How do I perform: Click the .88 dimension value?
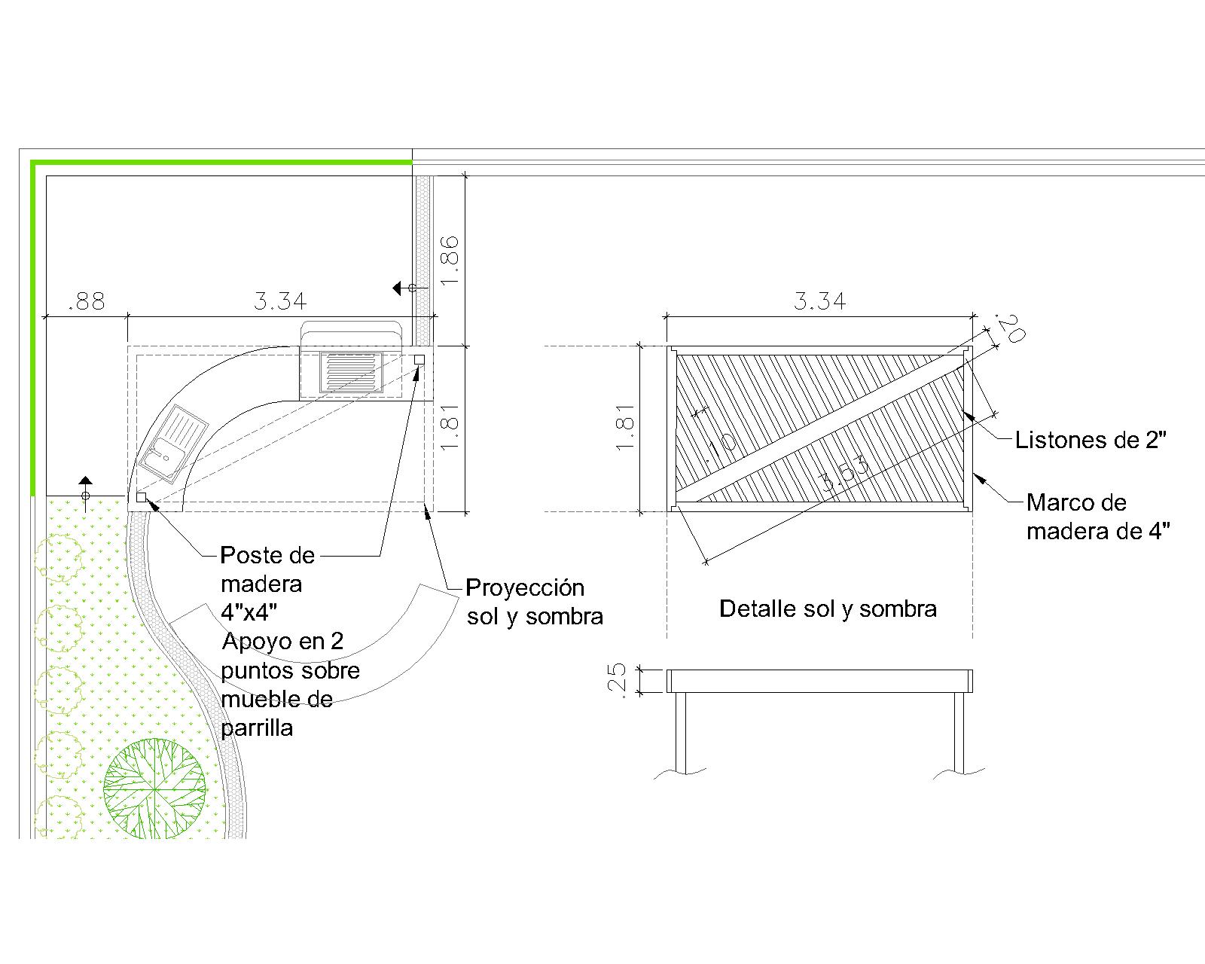coord(86,302)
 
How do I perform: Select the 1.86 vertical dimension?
coord(450,260)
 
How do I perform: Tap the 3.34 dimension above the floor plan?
coord(280,302)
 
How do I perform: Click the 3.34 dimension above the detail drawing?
coord(819,302)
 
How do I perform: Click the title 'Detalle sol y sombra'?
coord(828,609)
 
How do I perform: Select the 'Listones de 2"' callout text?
coord(1090,440)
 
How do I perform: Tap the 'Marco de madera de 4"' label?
coord(1097,517)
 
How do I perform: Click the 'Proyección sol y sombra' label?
coord(534,602)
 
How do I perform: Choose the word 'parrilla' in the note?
coord(257,728)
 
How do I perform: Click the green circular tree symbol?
coord(154,789)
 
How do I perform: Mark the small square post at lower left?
coord(141,497)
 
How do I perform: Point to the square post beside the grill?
coord(419,359)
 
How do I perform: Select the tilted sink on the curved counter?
coord(172,444)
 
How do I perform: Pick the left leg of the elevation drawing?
coord(681,732)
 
